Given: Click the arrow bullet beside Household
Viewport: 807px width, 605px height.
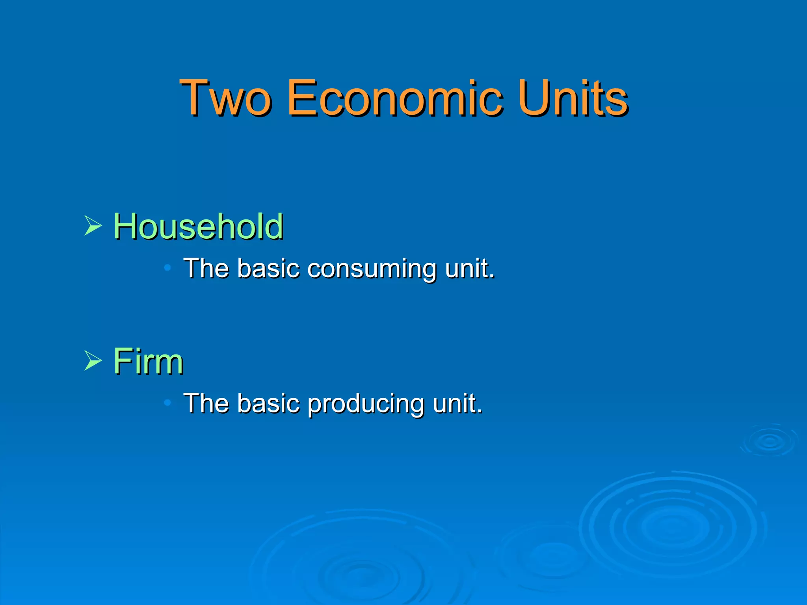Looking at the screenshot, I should [93, 226].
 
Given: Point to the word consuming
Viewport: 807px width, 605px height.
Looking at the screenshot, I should [371, 269].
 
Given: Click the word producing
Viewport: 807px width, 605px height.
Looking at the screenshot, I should [365, 405].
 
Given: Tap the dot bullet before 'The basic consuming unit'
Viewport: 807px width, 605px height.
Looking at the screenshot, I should [167, 268].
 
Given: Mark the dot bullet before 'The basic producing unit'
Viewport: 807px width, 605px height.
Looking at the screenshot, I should [167, 403].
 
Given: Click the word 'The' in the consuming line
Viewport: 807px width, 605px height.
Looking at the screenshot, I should [206, 268].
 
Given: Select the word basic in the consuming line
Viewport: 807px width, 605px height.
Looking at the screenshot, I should [268, 268].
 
